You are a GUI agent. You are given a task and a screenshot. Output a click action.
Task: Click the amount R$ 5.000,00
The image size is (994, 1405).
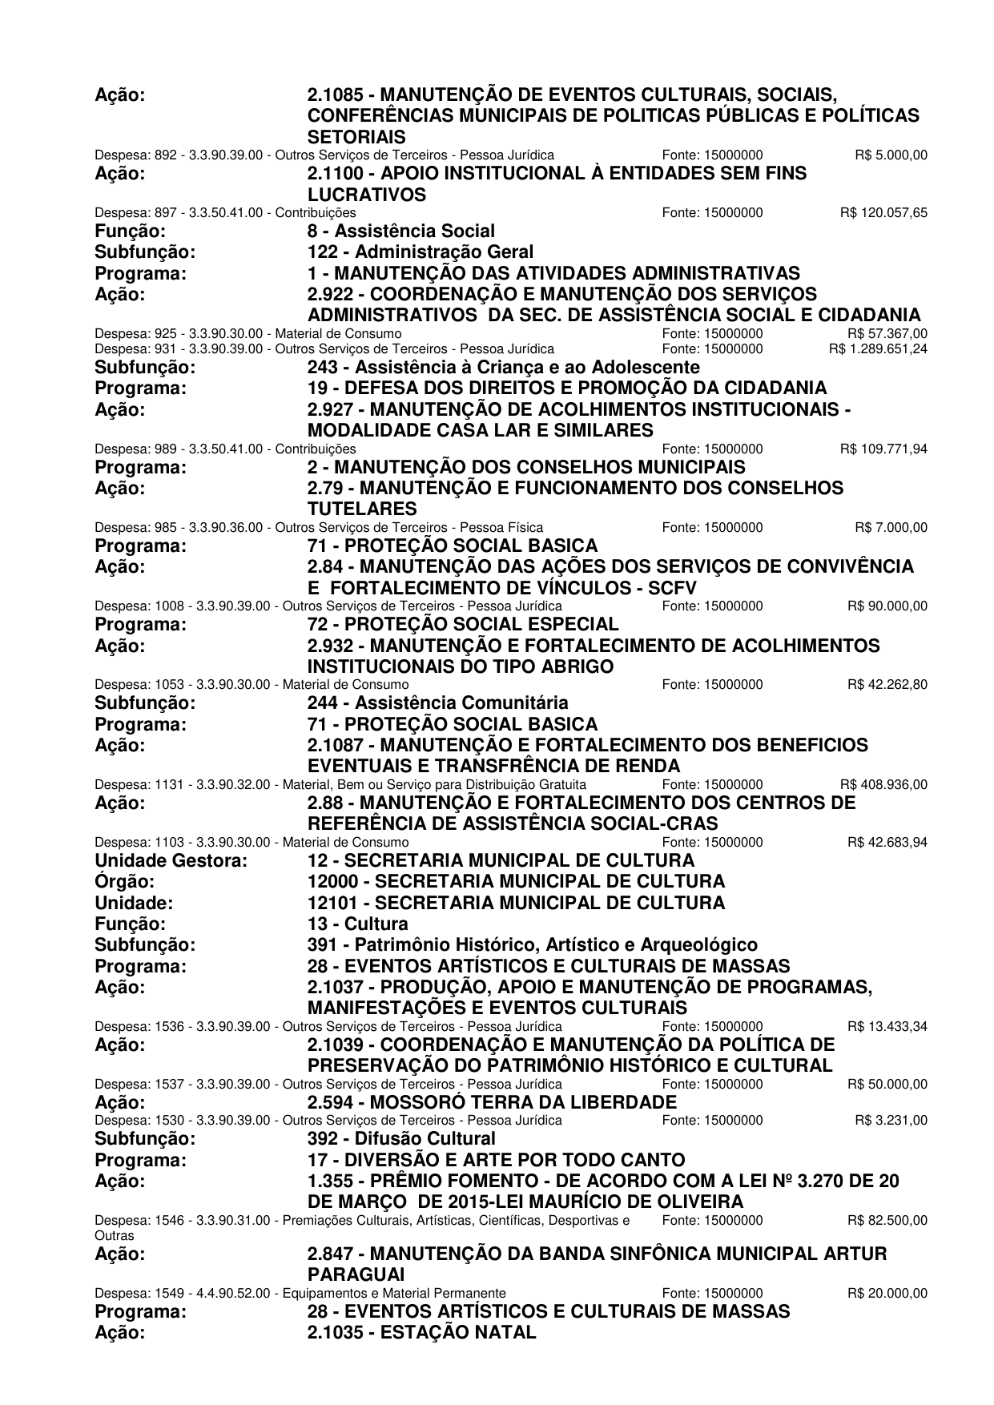891,155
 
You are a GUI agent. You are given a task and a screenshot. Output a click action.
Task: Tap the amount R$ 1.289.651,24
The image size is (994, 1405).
878,349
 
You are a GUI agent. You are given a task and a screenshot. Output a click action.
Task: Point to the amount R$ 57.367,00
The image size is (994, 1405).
887,333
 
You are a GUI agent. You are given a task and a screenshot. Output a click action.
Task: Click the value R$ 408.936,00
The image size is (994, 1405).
883,784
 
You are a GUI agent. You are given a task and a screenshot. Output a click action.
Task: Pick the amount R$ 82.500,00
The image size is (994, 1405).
887,1221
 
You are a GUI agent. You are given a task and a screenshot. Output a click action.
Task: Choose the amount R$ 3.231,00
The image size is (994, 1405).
891,1120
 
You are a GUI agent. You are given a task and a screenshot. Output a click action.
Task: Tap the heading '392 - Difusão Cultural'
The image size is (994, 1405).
401,1138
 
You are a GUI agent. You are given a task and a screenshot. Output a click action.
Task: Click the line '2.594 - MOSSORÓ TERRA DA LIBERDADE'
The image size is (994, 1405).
492,1102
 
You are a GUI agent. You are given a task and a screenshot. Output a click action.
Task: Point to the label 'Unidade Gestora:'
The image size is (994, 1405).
171,860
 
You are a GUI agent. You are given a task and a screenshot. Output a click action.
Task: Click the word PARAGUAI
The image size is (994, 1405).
356,1274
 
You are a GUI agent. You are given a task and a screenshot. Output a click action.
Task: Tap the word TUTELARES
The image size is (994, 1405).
362,509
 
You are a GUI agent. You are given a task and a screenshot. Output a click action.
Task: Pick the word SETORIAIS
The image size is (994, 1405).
356,137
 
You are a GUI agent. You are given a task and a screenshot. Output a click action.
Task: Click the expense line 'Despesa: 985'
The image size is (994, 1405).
319,527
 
